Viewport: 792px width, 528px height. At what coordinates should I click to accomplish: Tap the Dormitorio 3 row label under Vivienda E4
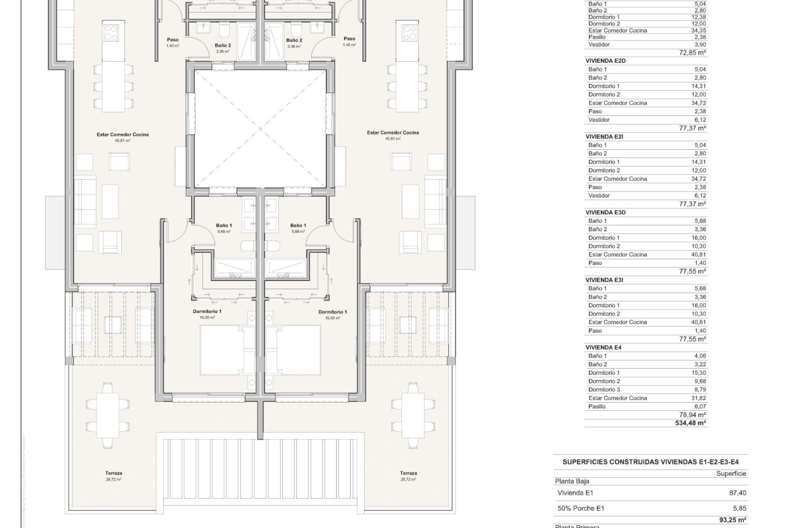point(604,389)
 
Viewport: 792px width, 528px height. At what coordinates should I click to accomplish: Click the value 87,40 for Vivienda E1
point(738,493)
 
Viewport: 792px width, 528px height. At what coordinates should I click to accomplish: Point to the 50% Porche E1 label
point(581,508)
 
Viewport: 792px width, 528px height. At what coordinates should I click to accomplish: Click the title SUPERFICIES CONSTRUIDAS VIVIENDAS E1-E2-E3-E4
point(650,462)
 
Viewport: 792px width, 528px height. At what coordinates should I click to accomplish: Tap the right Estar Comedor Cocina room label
point(393,133)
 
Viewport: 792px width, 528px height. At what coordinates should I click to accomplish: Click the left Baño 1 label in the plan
point(224,226)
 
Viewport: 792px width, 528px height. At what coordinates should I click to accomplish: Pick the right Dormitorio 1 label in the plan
point(332,312)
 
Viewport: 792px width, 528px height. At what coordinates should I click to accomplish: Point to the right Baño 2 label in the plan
point(294,40)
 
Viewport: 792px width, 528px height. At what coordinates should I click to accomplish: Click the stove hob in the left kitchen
point(111,33)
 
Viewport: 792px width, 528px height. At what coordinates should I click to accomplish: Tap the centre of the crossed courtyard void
point(260,129)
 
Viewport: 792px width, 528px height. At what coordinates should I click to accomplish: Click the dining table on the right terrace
point(412,416)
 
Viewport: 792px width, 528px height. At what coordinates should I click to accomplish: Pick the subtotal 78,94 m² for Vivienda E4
point(693,415)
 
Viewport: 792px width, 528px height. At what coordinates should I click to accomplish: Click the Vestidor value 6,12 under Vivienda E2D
point(700,120)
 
